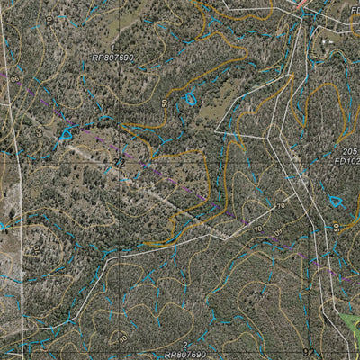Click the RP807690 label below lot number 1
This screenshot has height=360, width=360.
tap(112, 57)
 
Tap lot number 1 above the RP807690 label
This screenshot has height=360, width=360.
tap(112, 46)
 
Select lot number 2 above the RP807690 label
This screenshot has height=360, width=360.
tap(184, 345)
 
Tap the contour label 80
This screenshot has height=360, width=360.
tap(123, 337)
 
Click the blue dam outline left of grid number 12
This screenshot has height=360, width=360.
tap(65, 136)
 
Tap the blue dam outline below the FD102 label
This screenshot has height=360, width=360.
tap(336, 202)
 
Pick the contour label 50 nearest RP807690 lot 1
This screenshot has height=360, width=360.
tap(166, 103)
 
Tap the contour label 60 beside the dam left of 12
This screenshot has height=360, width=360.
tap(40, 132)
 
